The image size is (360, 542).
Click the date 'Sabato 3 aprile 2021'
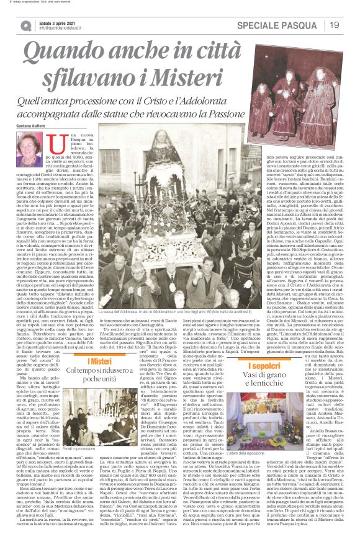pyautogui.click(x=58, y=22)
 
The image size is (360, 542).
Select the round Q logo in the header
pyautogui.click(x=24, y=25)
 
